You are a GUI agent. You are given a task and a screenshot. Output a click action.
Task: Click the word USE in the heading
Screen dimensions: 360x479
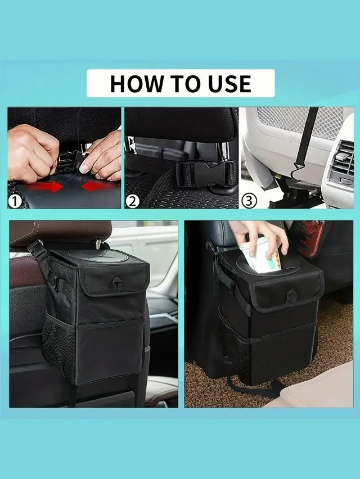click(x=229, y=83)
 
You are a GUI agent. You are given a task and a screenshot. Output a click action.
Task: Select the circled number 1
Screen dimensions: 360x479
click(x=15, y=202)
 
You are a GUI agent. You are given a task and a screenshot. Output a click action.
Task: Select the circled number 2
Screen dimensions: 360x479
click(x=132, y=201)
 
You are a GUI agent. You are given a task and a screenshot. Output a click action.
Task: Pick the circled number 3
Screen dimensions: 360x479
click(x=249, y=201)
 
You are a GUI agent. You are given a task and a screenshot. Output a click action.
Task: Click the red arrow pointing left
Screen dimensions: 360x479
click(x=98, y=186)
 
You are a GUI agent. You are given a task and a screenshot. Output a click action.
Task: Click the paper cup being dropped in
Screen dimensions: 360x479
click(x=260, y=255)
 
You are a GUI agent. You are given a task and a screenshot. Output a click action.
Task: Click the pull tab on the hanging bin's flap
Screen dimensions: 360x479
click(x=116, y=284)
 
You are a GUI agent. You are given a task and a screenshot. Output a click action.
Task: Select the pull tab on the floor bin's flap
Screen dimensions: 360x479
click(x=291, y=296)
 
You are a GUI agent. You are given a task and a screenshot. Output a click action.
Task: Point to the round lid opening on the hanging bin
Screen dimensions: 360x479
click(x=98, y=256)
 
